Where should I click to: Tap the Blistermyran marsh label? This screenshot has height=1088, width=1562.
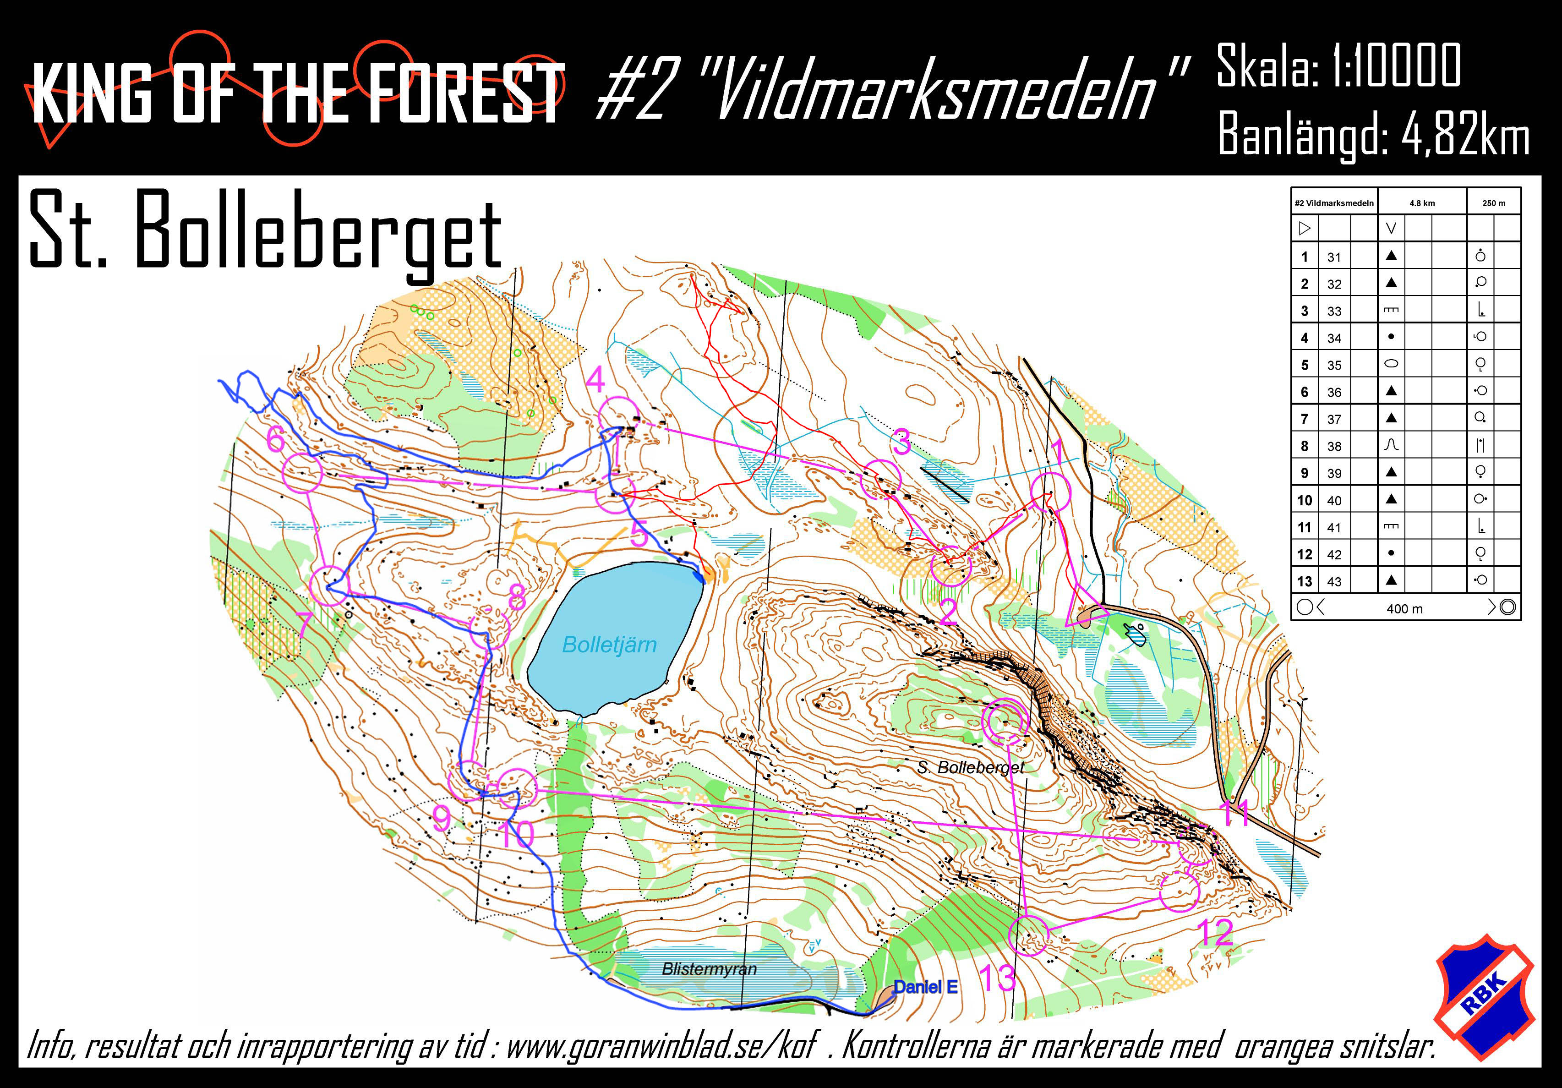pos(709,969)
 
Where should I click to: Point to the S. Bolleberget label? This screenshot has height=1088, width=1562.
pos(970,767)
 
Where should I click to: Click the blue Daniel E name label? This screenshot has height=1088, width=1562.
pos(925,987)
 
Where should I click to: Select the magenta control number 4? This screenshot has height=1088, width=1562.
pos(595,380)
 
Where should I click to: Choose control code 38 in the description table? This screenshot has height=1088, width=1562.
pos(1334,446)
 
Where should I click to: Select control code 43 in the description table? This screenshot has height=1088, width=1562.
pos(1334,582)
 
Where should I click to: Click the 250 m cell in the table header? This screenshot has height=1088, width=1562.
pos(1493,203)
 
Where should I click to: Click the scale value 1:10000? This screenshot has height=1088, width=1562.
pos(1397,66)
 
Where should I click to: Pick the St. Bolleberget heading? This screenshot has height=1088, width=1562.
pos(265,231)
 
